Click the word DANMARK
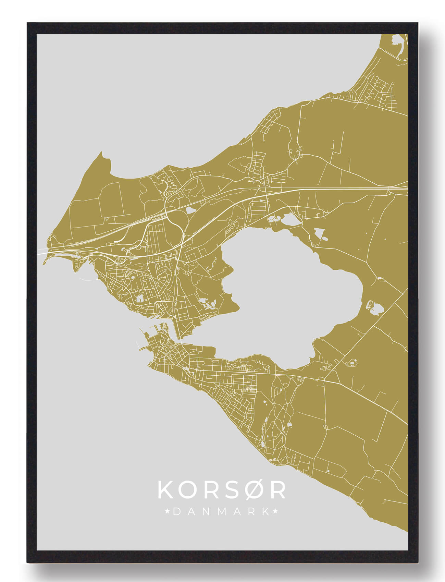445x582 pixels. click(221, 512)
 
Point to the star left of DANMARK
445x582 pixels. click(168, 512)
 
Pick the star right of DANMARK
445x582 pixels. click(275, 512)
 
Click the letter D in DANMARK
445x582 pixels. click(177, 512)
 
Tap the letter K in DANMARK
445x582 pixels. click(265, 512)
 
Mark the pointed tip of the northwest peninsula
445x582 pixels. click(101, 153)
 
